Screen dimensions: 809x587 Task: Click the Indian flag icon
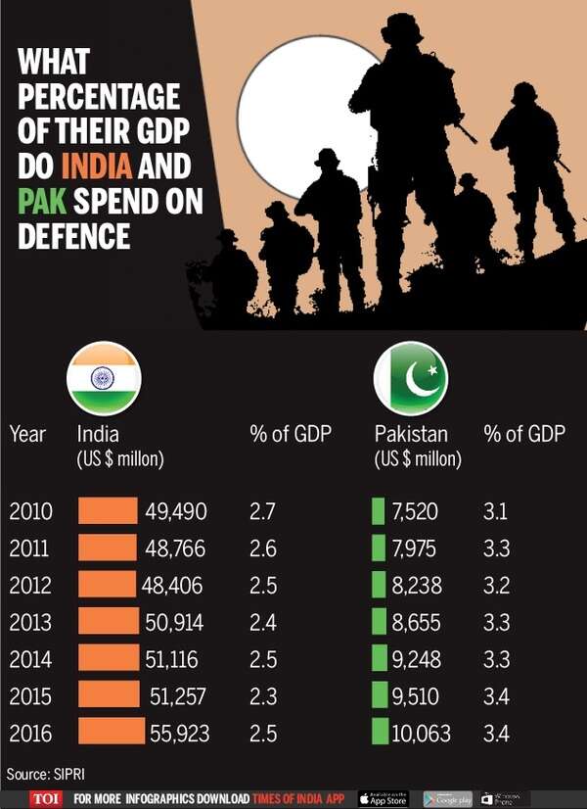(x=104, y=378)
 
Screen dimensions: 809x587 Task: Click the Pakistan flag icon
(x=411, y=378)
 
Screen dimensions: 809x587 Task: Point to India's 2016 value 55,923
(x=178, y=732)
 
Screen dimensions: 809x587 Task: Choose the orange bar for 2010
(x=108, y=511)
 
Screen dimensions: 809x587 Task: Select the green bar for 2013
(x=378, y=621)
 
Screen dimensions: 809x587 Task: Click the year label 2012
(x=30, y=585)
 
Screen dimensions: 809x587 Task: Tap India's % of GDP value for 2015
(x=263, y=695)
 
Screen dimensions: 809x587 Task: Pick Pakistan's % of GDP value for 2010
(x=496, y=511)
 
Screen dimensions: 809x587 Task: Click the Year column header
(x=27, y=434)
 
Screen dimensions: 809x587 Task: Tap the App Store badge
(x=383, y=798)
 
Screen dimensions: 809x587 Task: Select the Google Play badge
(x=447, y=798)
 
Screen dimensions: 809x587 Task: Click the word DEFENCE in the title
(x=73, y=236)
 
